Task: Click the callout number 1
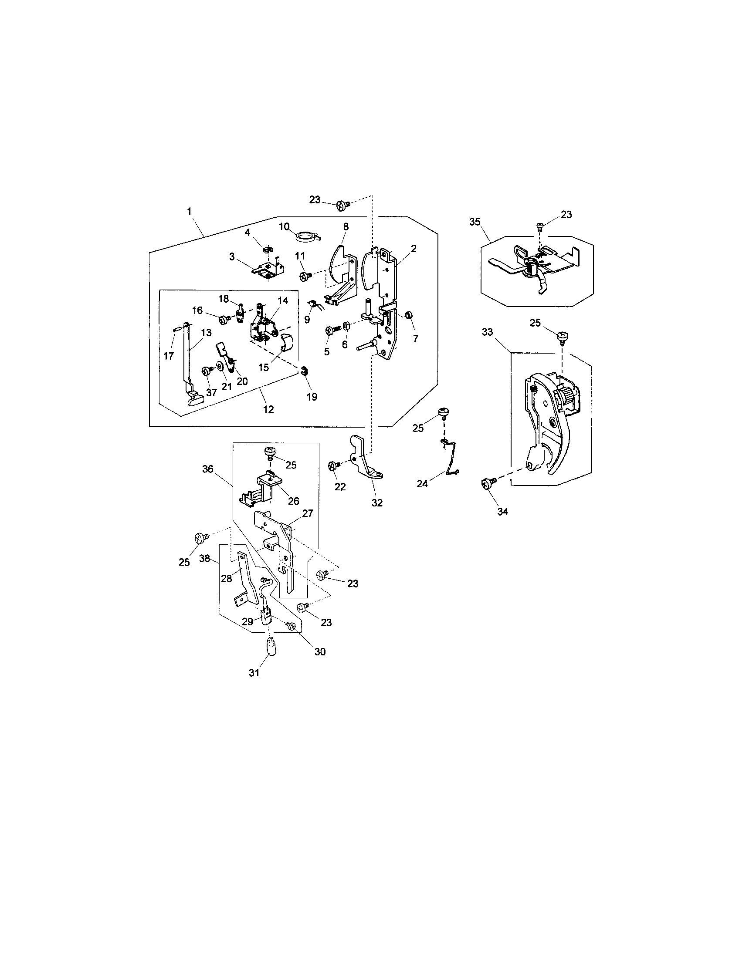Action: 189,212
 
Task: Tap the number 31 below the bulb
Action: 254,673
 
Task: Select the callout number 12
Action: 268,409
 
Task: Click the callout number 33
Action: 487,333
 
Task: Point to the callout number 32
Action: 377,503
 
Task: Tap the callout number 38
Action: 204,559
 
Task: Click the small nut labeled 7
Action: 409,315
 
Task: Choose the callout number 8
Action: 346,227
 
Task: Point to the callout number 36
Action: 208,469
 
